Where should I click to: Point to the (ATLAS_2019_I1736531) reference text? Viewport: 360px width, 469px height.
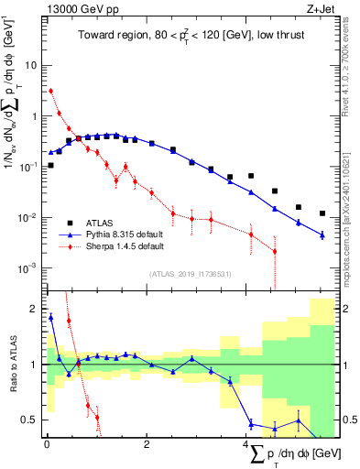[x=190, y=274]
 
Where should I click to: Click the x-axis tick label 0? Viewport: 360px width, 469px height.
[x=47, y=446]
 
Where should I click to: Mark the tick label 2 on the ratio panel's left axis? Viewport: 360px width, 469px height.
[x=33, y=308]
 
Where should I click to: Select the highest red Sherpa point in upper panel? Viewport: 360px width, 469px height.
[x=50, y=91]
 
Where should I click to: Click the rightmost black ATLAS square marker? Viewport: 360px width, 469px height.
[x=322, y=213]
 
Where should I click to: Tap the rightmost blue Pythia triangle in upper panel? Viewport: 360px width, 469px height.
[x=322, y=235]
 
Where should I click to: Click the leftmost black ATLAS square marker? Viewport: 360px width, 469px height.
[x=50, y=165]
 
